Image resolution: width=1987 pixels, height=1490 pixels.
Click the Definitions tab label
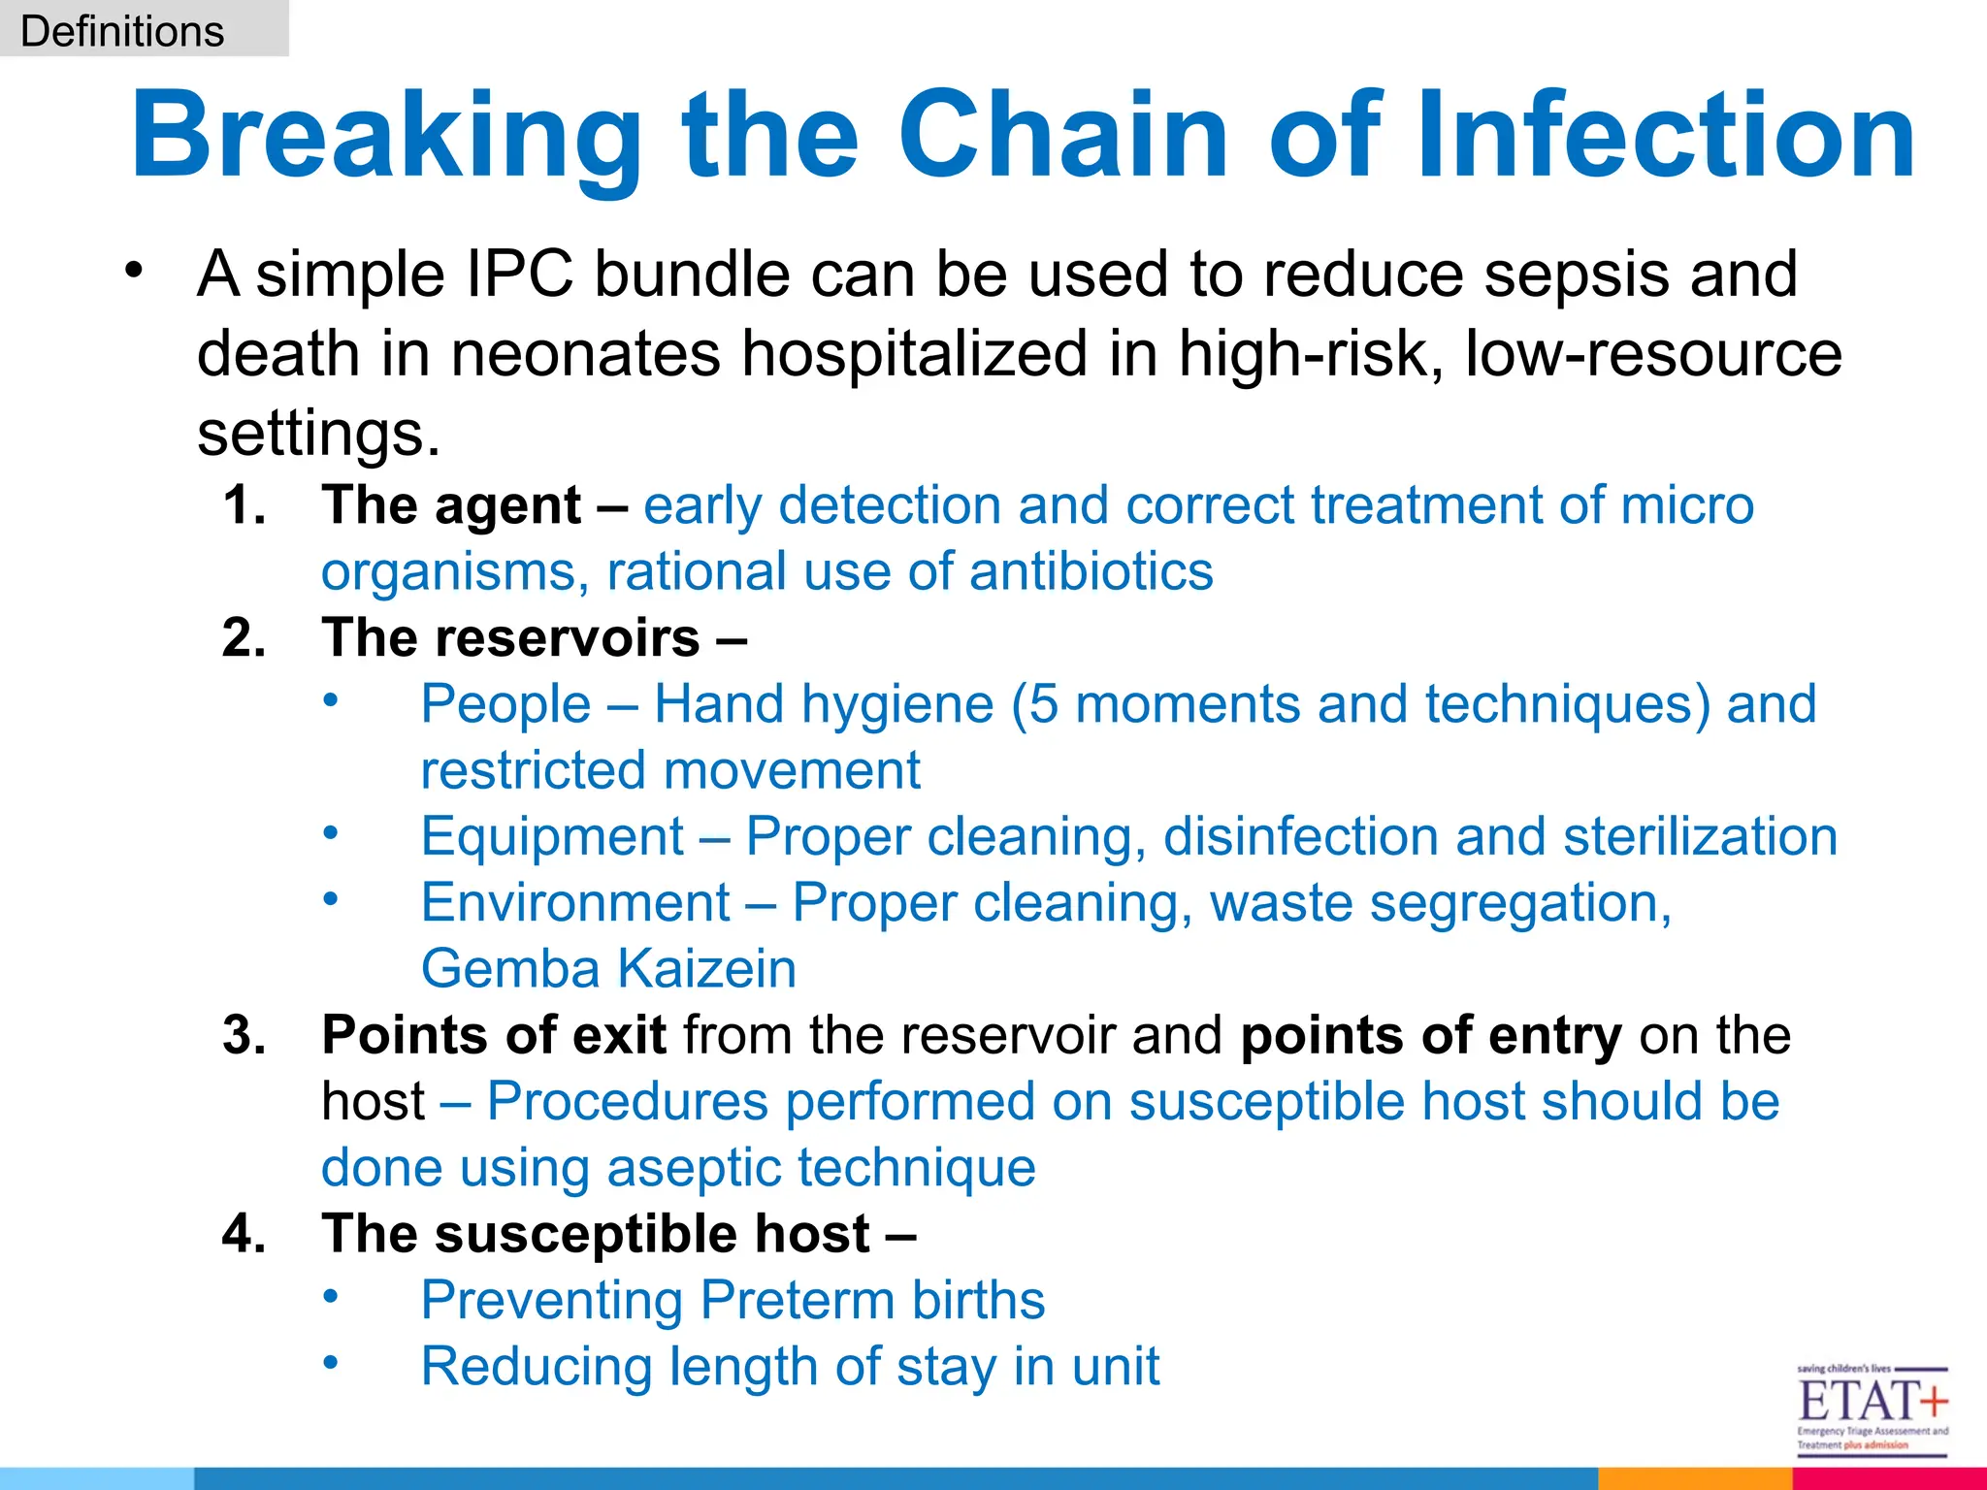tap(122, 31)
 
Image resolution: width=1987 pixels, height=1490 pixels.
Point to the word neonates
tap(585, 353)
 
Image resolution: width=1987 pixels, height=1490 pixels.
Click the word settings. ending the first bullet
tap(318, 433)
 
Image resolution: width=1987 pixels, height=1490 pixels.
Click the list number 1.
tap(244, 505)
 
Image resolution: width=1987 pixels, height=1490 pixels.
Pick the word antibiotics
tap(1091, 571)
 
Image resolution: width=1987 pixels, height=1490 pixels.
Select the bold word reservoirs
tap(567, 638)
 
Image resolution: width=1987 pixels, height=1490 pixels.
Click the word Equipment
tap(552, 836)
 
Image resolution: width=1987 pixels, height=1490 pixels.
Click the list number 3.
tap(244, 1035)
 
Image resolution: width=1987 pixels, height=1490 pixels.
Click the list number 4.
tap(244, 1234)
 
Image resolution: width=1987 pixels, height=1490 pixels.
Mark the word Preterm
tap(792, 1300)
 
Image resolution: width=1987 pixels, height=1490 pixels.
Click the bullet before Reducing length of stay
tap(331, 1362)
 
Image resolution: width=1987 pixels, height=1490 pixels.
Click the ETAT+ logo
tap(1872, 1409)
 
